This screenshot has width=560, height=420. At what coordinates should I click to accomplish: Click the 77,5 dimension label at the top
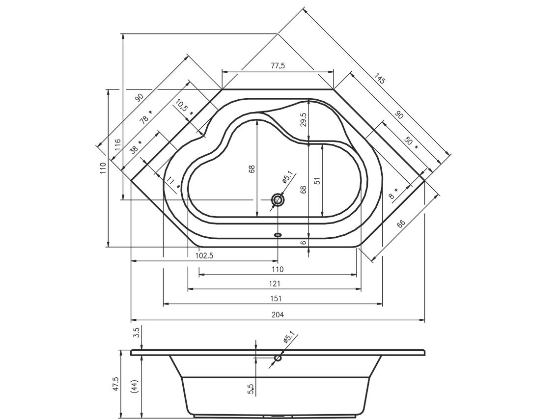[278, 66]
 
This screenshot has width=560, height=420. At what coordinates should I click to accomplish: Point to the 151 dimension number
[276, 299]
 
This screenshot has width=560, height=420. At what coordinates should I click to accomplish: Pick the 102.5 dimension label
[203, 255]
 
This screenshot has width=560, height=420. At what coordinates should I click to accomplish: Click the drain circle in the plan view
[278, 200]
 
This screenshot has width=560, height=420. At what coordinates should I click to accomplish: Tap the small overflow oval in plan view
[278, 235]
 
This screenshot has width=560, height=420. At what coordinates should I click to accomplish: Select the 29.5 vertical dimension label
[303, 121]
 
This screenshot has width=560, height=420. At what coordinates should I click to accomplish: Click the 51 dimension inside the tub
[317, 180]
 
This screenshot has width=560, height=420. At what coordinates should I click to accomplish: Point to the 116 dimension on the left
[117, 146]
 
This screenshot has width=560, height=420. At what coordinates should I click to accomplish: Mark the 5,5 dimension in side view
[251, 388]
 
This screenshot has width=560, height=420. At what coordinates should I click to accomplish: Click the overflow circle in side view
[278, 358]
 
